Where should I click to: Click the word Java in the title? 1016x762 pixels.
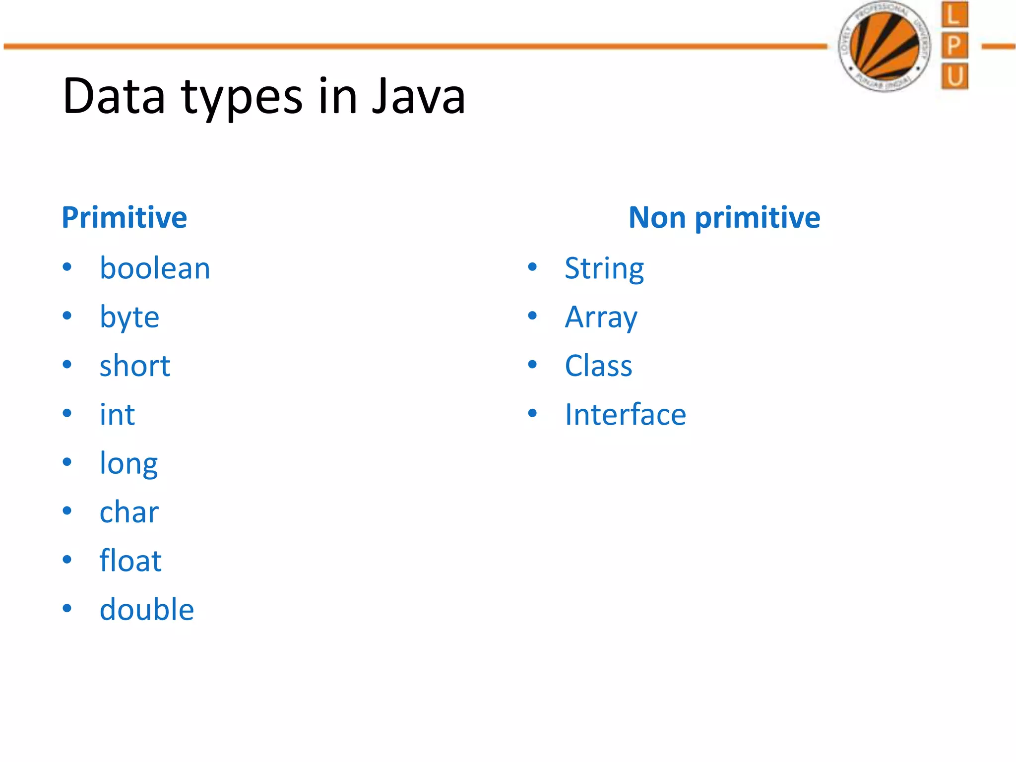[x=418, y=96]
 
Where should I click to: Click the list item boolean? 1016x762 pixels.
[x=155, y=268]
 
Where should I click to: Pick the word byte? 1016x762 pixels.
[x=129, y=317]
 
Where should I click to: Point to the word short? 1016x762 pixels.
[x=134, y=366]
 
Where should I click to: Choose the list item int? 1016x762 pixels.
[x=117, y=414]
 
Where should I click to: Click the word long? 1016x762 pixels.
[x=128, y=463]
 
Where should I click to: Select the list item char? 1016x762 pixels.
[x=129, y=512]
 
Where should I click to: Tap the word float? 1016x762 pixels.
[x=130, y=561]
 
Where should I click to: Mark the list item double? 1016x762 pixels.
[x=146, y=609]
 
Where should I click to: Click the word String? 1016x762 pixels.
[x=604, y=268]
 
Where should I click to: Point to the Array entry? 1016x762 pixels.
[x=601, y=317]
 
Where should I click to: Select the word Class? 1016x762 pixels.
[x=598, y=366]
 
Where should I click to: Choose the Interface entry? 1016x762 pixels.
[x=625, y=414]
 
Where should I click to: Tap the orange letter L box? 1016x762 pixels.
[x=954, y=15]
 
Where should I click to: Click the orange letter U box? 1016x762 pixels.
[x=954, y=76]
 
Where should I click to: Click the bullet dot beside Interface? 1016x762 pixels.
[x=532, y=413]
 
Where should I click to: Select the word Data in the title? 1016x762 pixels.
[x=114, y=96]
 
